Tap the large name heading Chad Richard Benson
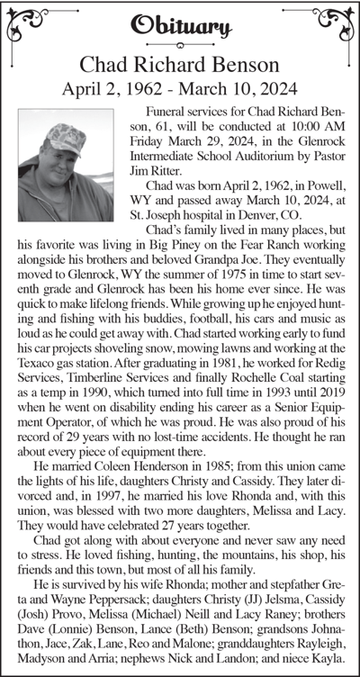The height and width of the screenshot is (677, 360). click(180, 65)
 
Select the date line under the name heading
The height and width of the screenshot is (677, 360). click(180, 88)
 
